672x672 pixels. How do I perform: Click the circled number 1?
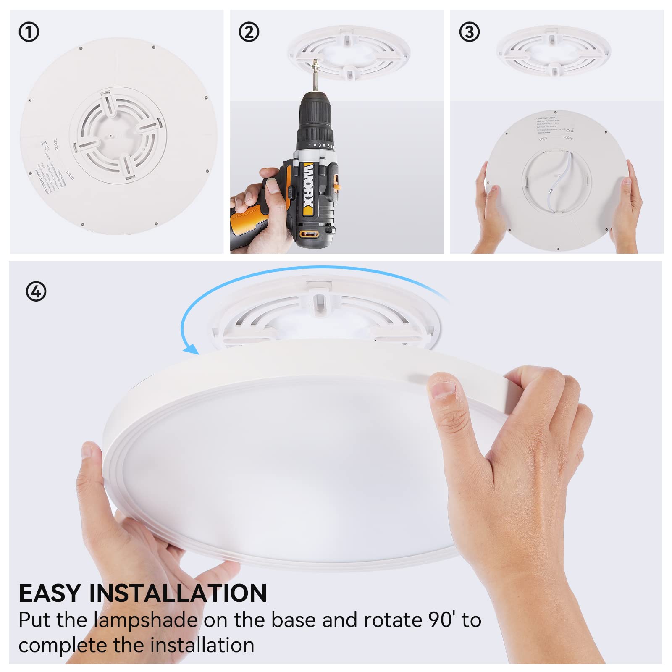[29, 32]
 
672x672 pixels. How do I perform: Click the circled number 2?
[249, 32]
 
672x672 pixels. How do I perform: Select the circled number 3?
[469, 32]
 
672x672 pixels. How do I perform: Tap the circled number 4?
[36, 291]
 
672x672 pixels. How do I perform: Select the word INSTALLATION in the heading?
[178, 593]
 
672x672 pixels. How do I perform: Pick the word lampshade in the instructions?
[145, 620]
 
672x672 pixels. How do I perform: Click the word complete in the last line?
[63, 646]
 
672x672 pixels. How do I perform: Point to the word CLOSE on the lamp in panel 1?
[55, 144]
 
